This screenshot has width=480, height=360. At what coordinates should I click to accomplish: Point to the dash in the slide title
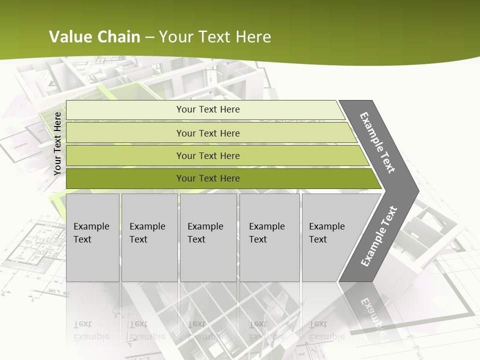(x=149, y=37)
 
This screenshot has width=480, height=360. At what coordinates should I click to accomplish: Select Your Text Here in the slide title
(x=214, y=37)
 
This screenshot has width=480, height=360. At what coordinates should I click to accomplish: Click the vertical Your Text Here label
(x=57, y=143)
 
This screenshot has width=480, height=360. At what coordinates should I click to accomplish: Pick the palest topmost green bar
(x=207, y=109)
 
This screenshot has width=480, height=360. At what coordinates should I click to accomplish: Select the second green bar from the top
(x=207, y=133)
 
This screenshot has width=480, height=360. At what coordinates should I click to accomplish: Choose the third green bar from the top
(x=207, y=155)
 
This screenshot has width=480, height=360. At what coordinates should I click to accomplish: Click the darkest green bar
(x=207, y=178)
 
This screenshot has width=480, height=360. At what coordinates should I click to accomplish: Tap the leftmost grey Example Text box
(x=92, y=237)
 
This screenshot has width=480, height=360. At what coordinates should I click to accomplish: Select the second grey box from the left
(x=149, y=237)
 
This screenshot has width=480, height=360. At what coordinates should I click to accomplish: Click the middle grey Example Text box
(x=208, y=237)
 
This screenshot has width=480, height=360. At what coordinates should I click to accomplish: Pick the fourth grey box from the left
(x=269, y=237)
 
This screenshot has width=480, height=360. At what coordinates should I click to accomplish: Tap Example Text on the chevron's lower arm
(x=379, y=236)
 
